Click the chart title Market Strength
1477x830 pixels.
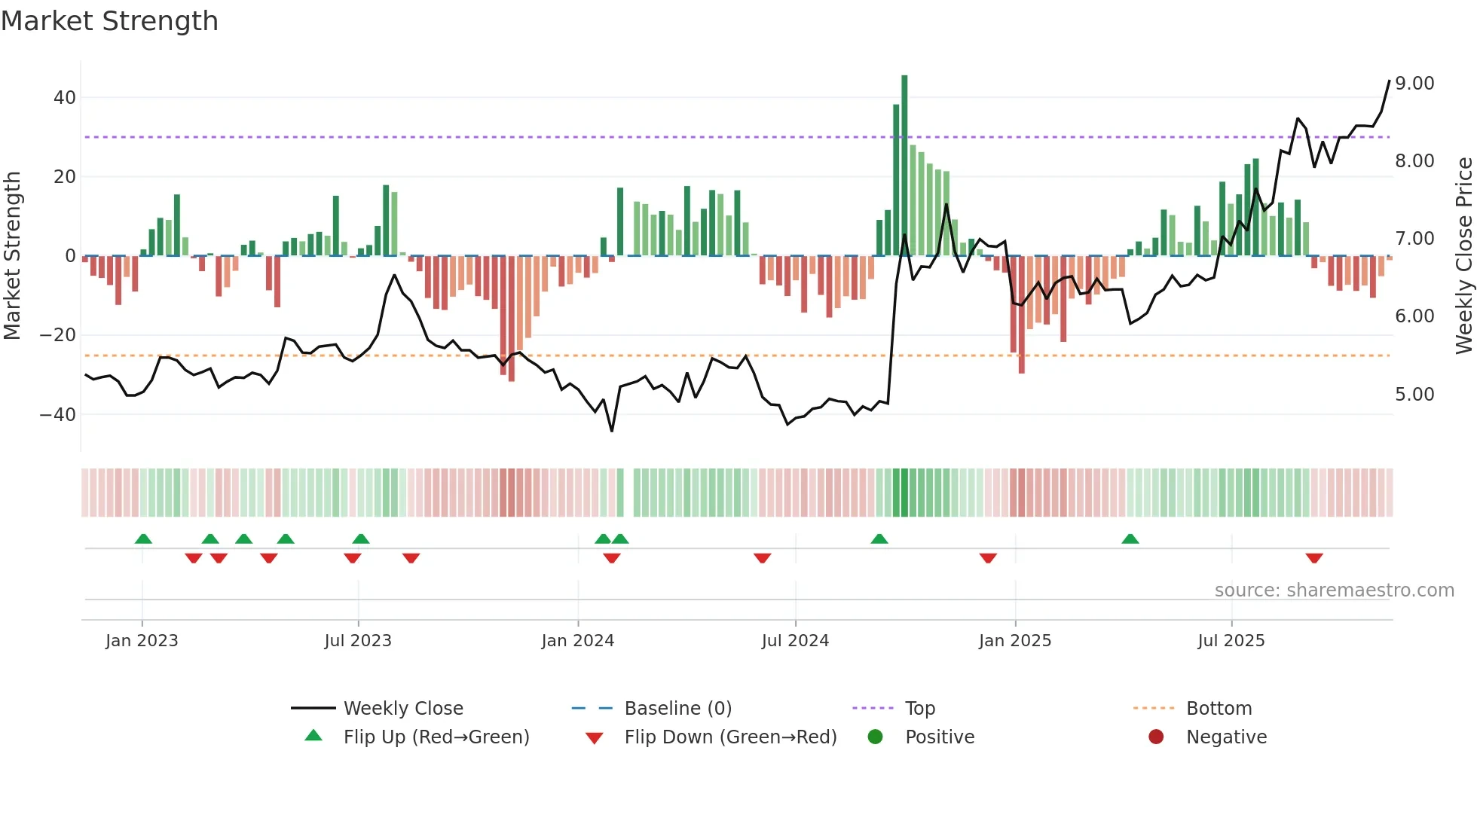pyautogui.click(x=110, y=21)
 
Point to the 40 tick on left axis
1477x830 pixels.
pyautogui.click(x=65, y=98)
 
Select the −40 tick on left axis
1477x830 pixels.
pyautogui.click(x=58, y=415)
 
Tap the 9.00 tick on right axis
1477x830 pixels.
pyautogui.click(x=1414, y=84)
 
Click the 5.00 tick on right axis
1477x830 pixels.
pyautogui.click(x=1414, y=395)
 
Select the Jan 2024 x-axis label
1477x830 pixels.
pyautogui.click(x=578, y=641)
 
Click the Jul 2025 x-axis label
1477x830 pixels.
pyautogui.click(x=1231, y=641)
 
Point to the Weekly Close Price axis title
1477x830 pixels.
pyautogui.click(x=1463, y=256)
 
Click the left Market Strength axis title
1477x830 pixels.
pyautogui.click(x=13, y=256)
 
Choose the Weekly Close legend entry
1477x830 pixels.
pyautogui.click(x=403, y=709)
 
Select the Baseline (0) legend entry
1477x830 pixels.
pyautogui.click(x=677, y=709)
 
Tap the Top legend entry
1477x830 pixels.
pyautogui.click(x=919, y=709)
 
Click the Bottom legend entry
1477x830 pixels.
pyautogui.click(x=1219, y=709)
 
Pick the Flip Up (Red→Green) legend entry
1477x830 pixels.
pyautogui.click(x=436, y=737)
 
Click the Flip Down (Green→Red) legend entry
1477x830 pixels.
pyautogui.click(x=730, y=737)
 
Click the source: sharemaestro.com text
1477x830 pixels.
pyautogui.click(x=1334, y=590)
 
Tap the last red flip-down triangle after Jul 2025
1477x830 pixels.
pyautogui.click(x=1314, y=558)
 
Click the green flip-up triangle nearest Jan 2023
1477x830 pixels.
pyautogui.click(x=143, y=539)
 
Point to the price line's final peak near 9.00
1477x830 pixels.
pyautogui.click(x=1389, y=81)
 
